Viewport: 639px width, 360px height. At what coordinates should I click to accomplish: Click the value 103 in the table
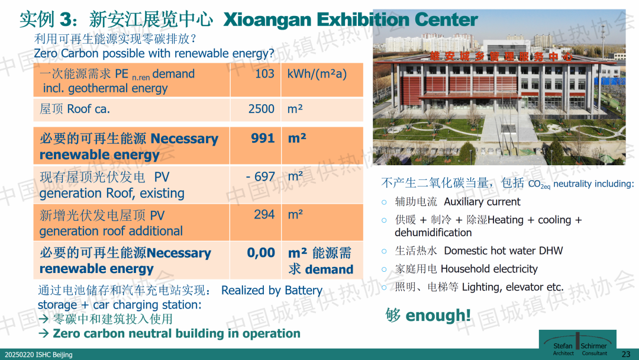pyautogui.click(x=264, y=74)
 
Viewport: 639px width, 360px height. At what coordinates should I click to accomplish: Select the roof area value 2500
pyautogui.click(x=262, y=109)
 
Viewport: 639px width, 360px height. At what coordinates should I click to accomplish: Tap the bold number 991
pyautogui.click(x=263, y=138)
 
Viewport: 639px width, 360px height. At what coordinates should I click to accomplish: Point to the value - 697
pyautogui.click(x=260, y=176)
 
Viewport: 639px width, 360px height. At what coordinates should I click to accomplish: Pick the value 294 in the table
pyautogui.click(x=264, y=214)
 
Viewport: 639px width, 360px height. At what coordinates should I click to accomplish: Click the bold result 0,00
pyautogui.click(x=261, y=253)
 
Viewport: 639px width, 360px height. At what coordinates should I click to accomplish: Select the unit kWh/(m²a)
pyautogui.click(x=317, y=74)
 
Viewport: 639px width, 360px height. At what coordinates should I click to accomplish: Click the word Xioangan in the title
pyautogui.click(x=267, y=20)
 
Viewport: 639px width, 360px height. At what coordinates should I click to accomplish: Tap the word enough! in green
pyautogui.click(x=438, y=315)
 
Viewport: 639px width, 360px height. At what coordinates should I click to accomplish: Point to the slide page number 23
pyautogui.click(x=626, y=354)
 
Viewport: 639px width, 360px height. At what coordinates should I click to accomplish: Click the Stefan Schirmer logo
pyautogui.click(x=577, y=343)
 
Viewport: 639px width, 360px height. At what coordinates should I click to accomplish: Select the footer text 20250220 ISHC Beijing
pyautogui.click(x=38, y=355)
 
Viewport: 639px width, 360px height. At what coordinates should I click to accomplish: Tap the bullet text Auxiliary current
pyautogui.click(x=482, y=202)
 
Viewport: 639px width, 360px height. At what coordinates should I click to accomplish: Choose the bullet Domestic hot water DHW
pyautogui.click(x=504, y=250)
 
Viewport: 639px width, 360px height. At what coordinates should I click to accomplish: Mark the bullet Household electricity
pyautogui.click(x=489, y=269)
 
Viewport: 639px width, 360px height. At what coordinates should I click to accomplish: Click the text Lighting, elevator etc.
pyautogui.click(x=512, y=287)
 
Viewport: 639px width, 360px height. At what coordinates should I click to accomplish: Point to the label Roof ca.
pyautogui.click(x=88, y=110)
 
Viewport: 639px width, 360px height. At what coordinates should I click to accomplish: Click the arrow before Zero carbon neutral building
pyautogui.click(x=44, y=333)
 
